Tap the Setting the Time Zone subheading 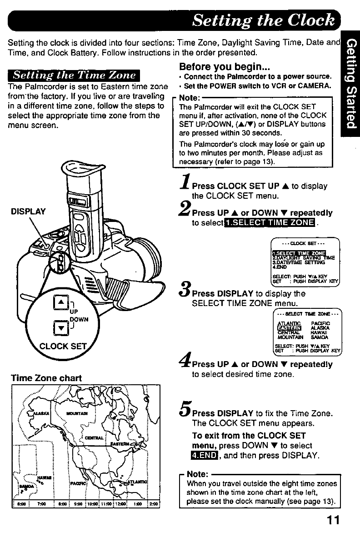point(75,75)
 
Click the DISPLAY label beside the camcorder point(28,211)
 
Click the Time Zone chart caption point(40,378)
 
